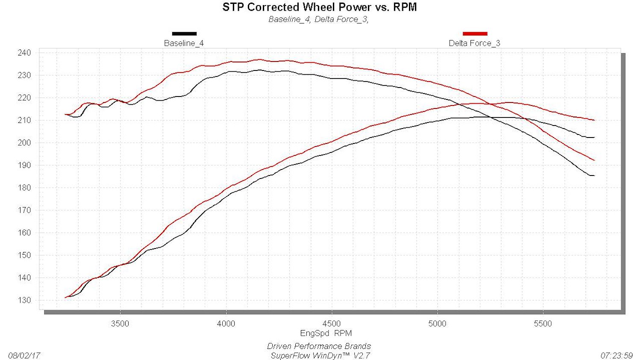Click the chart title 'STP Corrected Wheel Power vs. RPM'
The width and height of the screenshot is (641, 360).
(x=319, y=7)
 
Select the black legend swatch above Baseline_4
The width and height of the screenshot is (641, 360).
(x=184, y=34)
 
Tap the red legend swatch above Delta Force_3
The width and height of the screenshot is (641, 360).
(x=475, y=34)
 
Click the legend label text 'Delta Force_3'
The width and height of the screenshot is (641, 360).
(x=474, y=43)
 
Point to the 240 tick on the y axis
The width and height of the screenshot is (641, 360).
(x=24, y=53)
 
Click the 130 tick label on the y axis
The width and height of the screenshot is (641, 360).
(x=24, y=300)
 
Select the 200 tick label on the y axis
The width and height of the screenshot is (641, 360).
(x=24, y=143)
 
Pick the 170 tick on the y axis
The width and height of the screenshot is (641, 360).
(x=24, y=210)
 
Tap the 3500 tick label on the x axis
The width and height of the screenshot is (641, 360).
(x=120, y=324)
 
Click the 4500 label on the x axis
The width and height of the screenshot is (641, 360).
(x=332, y=324)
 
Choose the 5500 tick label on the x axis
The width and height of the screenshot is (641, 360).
(x=543, y=324)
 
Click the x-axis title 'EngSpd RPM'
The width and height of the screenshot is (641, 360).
(x=326, y=333)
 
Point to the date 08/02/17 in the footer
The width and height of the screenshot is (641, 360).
(x=24, y=355)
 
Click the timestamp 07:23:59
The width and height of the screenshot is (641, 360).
(x=616, y=355)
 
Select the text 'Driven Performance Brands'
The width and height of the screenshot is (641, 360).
(x=319, y=346)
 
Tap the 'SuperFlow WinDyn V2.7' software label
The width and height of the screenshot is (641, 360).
(x=320, y=355)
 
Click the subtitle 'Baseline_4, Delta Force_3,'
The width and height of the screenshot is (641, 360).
(x=318, y=20)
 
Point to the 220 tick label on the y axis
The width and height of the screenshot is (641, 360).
(x=24, y=98)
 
